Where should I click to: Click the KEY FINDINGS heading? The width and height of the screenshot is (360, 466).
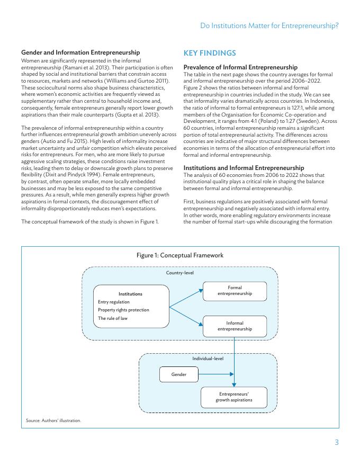(210, 53)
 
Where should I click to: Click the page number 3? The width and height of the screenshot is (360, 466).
(336, 443)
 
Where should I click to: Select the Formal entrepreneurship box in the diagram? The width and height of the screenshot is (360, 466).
(235, 291)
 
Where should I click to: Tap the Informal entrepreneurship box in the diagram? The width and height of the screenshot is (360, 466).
(235, 326)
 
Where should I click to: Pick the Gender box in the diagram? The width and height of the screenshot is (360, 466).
(179, 374)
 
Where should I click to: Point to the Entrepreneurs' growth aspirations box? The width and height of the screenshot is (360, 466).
(233, 397)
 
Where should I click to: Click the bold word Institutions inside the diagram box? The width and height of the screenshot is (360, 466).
(130, 293)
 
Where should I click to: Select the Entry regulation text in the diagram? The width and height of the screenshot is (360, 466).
(114, 302)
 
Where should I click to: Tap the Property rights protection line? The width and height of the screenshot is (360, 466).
(123, 310)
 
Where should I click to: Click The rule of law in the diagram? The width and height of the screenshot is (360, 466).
(113, 318)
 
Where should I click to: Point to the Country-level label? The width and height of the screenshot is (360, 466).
(180, 273)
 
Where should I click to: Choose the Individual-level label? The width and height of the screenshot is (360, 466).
(208, 359)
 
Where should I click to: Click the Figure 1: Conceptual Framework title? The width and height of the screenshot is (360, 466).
(180, 255)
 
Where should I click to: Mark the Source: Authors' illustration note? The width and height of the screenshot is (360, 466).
(53, 420)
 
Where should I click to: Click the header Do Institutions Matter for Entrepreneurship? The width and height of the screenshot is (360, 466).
(270, 25)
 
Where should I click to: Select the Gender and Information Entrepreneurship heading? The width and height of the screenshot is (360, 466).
(80, 52)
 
